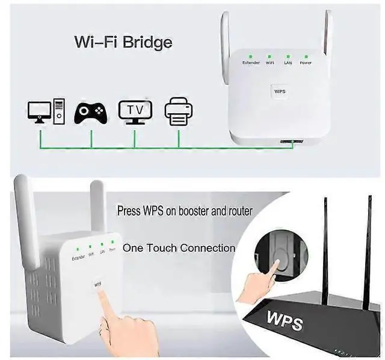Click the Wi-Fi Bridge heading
pyautogui.click(x=123, y=42)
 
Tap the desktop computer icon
pyautogui.click(x=46, y=111)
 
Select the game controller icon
pyautogui.click(x=91, y=112)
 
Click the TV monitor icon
pyautogui.click(x=135, y=111)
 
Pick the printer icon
pyautogui.click(x=179, y=112)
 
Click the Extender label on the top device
pyautogui.click(x=251, y=63)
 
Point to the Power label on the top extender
pyautogui.click(x=306, y=63)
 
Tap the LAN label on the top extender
pyautogui.click(x=288, y=63)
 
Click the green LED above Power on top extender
pyautogui.click(x=306, y=55)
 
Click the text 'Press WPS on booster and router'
pyautogui.click(x=185, y=211)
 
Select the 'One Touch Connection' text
pyautogui.click(x=179, y=247)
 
